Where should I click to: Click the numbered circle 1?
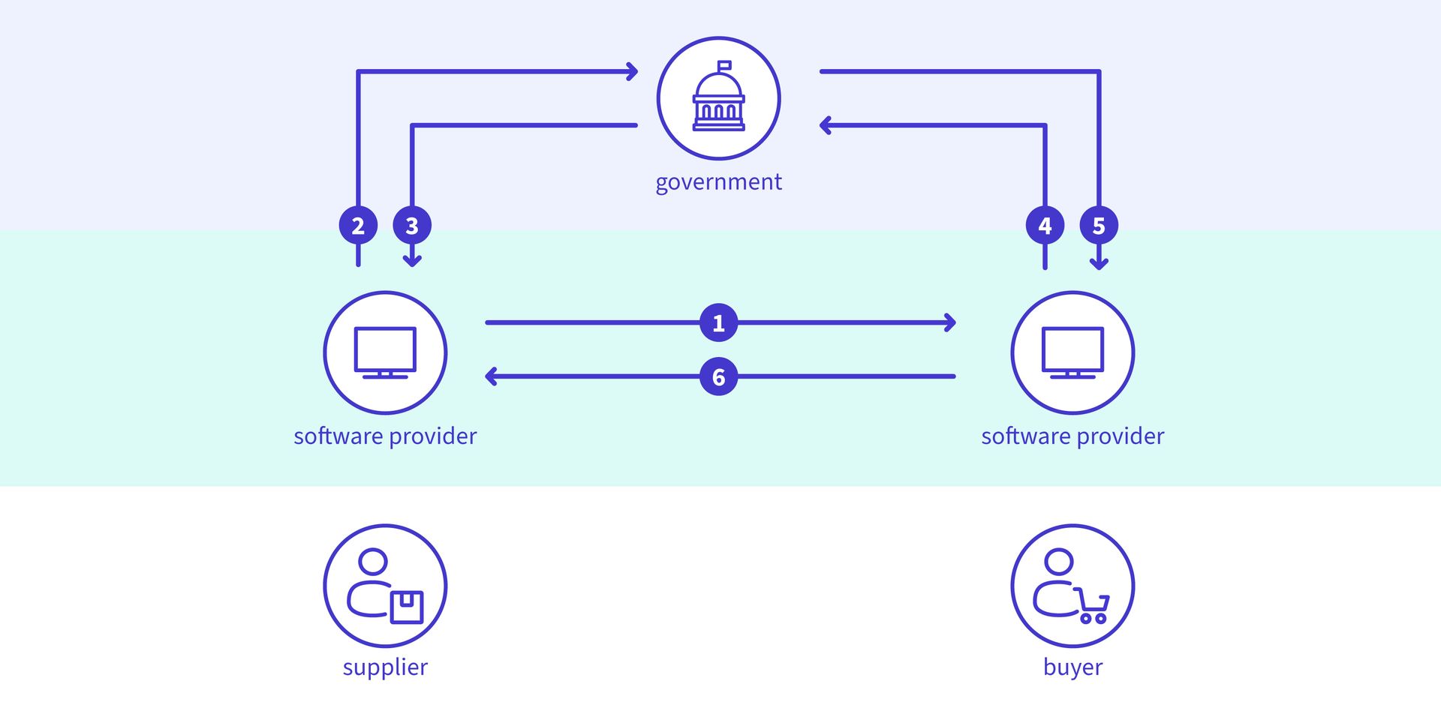pyautogui.click(x=718, y=323)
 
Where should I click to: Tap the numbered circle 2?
pyautogui.click(x=358, y=225)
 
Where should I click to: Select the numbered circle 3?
pyautogui.click(x=412, y=225)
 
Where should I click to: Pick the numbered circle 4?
pyautogui.click(x=1045, y=225)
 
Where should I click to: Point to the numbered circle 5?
pyautogui.click(x=1099, y=225)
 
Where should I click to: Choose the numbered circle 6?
pyautogui.click(x=718, y=376)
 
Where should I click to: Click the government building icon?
pyautogui.click(x=718, y=98)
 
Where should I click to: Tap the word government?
pyautogui.click(x=718, y=182)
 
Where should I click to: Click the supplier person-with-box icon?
pyautogui.click(x=385, y=586)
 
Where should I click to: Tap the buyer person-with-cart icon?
pyautogui.click(x=1072, y=586)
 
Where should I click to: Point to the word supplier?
pyautogui.click(x=385, y=667)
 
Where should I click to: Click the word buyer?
pyautogui.click(x=1072, y=667)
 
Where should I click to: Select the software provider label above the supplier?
pyautogui.click(x=385, y=436)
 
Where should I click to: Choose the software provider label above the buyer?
pyautogui.click(x=1072, y=436)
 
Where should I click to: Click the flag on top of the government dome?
pyautogui.click(x=724, y=65)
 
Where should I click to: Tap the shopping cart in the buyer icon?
pyautogui.click(x=1094, y=607)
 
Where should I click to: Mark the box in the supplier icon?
pyautogui.click(x=407, y=607)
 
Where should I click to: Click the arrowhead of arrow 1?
pyautogui.click(x=951, y=323)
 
